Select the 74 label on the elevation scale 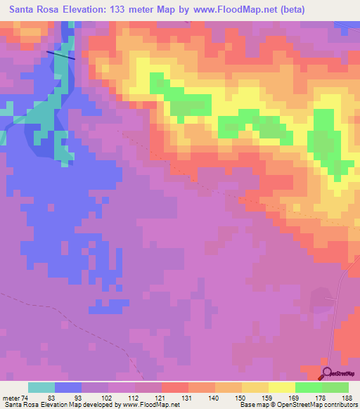click(33, 398)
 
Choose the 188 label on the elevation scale click(347, 398)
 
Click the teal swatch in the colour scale click(41, 387)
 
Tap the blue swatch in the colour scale click(68, 387)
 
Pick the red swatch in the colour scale click(174, 387)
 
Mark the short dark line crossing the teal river click(60, 54)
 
